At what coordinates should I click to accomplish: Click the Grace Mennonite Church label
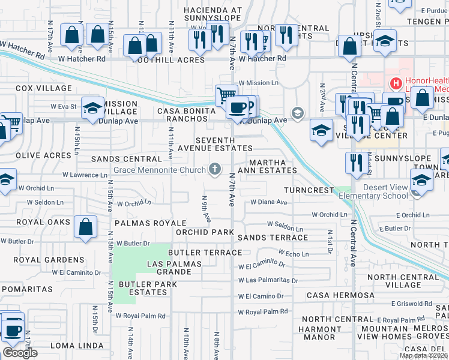(160, 169)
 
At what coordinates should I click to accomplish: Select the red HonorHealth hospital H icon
(396, 83)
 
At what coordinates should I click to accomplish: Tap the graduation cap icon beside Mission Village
(92, 108)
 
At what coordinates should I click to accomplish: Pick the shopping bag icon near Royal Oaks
(86, 227)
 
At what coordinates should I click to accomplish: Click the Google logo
(20, 353)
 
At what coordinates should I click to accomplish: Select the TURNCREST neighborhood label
(309, 190)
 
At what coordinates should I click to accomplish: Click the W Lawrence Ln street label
(84, 175)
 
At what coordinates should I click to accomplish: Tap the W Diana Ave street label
(269, 202)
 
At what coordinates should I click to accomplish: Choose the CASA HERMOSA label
(340, 295)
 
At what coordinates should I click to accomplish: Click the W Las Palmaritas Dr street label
(268, 280)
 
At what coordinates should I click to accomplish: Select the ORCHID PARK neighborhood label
(205, 232)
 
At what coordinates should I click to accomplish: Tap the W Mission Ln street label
(259, 83)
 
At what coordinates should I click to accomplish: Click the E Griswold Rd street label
(412, 304)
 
